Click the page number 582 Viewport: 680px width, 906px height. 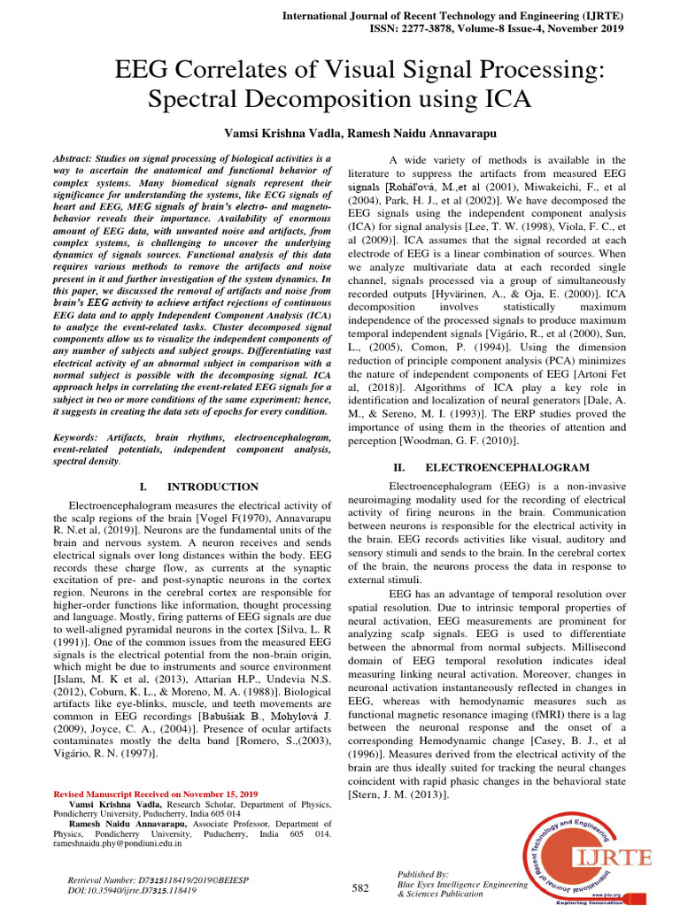tap(360, 887)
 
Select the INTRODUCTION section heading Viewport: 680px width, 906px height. tap(212, 487)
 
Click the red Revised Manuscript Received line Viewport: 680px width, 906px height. tap(156, 795)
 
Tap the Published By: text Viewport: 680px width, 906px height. tap(424, 872)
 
